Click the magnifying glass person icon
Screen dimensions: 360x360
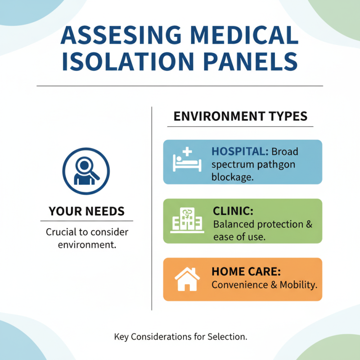coord(86,169)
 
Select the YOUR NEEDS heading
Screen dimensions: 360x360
coord(86,211)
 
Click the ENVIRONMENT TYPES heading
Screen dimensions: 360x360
coord(240,116)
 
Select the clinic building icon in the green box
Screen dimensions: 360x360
coord(185,220)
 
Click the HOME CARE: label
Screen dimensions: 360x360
coord(246,272)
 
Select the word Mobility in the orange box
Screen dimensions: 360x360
coord(299,284)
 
